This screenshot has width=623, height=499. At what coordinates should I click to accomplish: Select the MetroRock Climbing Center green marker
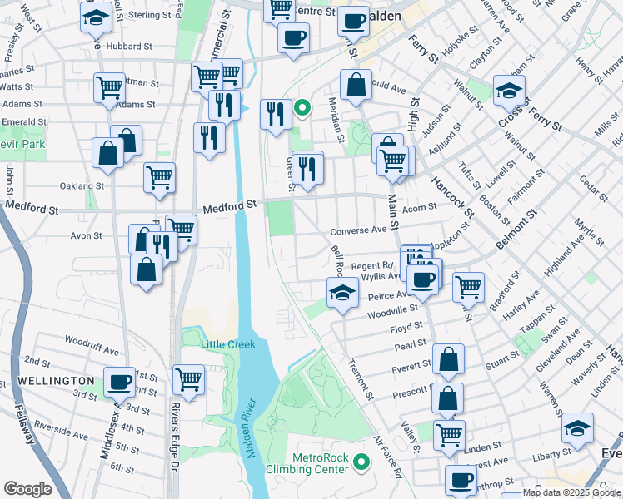[x=361, y=461]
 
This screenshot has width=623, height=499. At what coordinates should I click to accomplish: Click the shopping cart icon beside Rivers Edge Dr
[x=189, y=379]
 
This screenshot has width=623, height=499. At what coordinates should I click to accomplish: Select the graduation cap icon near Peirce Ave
[x=341, y=293]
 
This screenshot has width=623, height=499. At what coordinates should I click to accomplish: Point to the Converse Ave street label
[x=359, y=230]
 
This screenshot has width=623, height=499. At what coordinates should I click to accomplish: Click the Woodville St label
[x=392, y=309]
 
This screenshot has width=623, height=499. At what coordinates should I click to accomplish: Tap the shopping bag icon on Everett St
[x=448, y=359]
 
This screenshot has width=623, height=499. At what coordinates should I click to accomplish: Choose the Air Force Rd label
[x=388, y=457]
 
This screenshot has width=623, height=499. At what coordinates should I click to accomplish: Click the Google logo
[x=27, y=489]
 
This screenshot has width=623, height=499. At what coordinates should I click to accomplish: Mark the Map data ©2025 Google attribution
[x=571, y=492]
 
